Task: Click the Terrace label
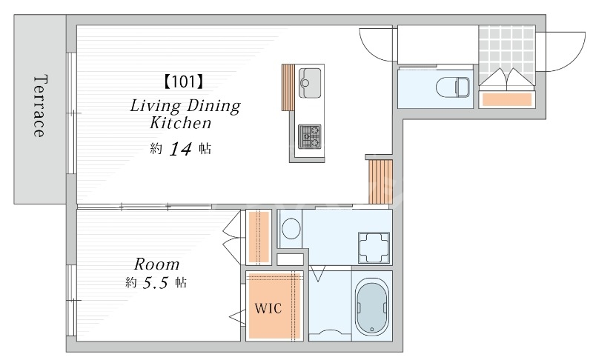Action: coord(41,105)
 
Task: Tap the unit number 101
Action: coord(184,81)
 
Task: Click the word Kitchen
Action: coord(180,123)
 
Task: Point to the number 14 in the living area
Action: coord(180,149)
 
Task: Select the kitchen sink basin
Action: coord(310,83)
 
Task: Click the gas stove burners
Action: coord(309,137)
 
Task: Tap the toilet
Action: coord(453,87)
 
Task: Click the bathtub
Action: coord(372,307)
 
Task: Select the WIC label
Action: coord(268,308)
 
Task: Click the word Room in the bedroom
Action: coord(157,264)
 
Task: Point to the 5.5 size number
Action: coord(155,282)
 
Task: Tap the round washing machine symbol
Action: coord(291,229)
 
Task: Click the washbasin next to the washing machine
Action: coord(374,247)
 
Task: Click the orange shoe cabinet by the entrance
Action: coord(507,99)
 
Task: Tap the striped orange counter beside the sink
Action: coord(288,87)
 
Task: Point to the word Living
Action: coord(155,106)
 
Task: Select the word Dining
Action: coord(213,106)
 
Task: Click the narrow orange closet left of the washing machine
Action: coord(259,237)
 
